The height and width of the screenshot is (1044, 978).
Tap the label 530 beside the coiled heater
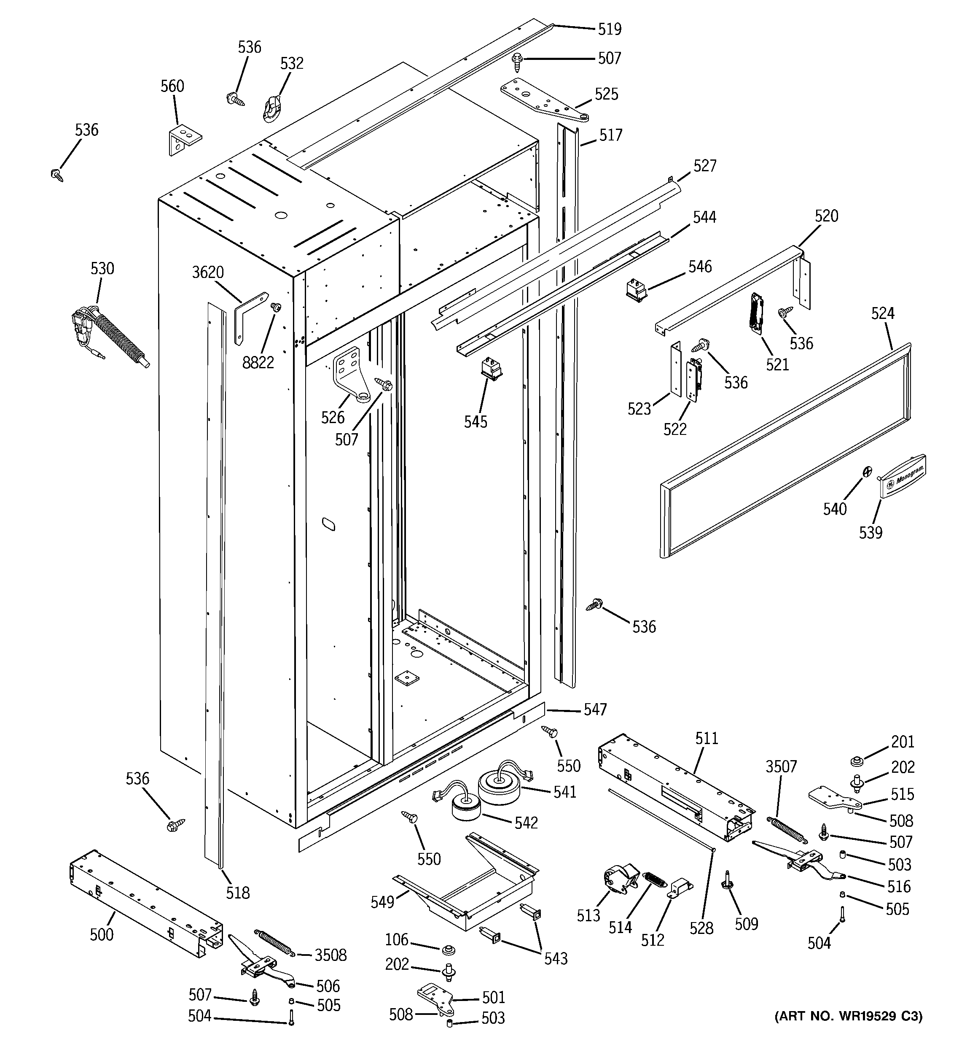pos(102,268)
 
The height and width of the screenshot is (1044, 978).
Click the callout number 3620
pos(208,272)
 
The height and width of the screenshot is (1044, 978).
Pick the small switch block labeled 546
pos(636,290)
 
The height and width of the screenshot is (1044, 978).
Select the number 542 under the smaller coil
pos(526,823)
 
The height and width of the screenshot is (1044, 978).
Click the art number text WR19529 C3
pos(848,1016)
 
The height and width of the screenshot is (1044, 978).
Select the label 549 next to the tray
pos(382,902)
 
